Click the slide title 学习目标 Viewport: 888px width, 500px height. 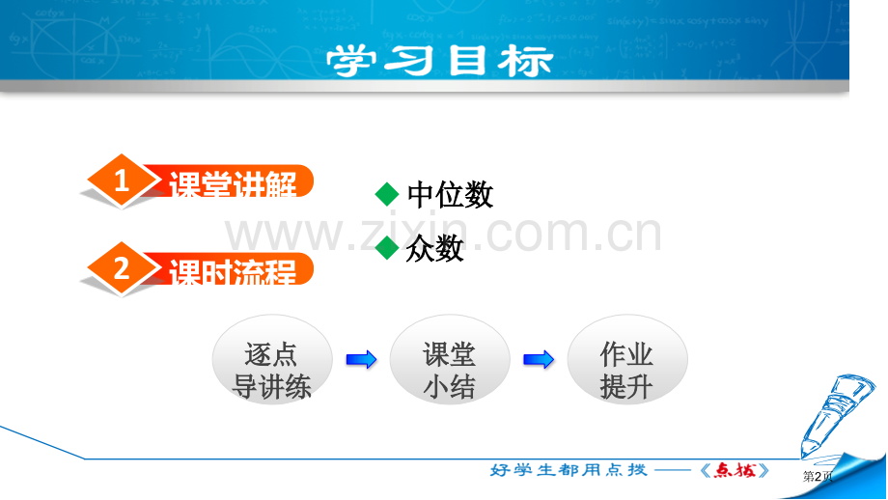tap(439, 61)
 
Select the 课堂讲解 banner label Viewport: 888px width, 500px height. tap(232, 183)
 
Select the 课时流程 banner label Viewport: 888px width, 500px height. tap(232, 271)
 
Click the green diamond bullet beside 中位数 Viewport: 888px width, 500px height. tap(387, 194)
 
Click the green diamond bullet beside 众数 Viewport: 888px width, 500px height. tap(387, 248)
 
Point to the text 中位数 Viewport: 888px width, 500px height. tap(450, 195)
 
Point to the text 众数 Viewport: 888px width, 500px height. tap(435, 249)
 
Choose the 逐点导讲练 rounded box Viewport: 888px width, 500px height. tap(272, 360)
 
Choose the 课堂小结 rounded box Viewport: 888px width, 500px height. tap(450, 360)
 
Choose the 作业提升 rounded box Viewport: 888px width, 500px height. tap(626, 360)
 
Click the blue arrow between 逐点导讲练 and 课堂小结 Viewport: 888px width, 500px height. tap(361, 360)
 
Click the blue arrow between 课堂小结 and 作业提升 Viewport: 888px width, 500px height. tap(539, 360)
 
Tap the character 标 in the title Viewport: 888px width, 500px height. tap(525, 61)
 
